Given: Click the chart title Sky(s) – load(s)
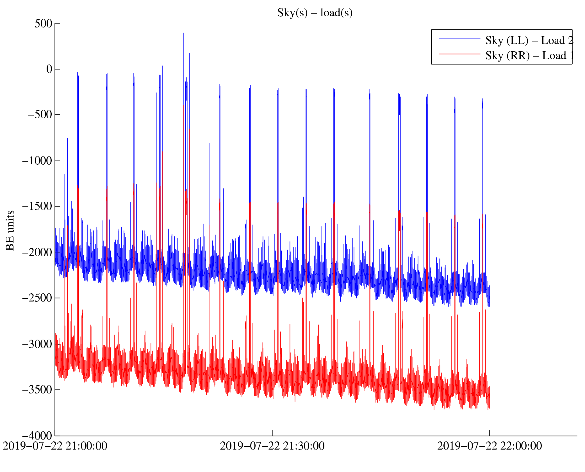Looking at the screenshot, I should [x=315, y=13].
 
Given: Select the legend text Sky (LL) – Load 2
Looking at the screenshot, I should [x=529, y=41].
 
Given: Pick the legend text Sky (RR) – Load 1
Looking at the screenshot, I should [x=529, y=56].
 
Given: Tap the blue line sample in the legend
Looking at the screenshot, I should [x=459, y=39].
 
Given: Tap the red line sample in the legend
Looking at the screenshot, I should [x=459, y=54].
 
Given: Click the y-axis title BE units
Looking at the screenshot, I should [x=10, y=231].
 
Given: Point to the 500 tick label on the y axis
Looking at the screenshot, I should [x=43, y=24].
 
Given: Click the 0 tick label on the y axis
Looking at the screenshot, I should [x=49, y=69].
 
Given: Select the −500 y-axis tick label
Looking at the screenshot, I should [x=40, y=115].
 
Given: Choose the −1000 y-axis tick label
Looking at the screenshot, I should [x=37, y=161].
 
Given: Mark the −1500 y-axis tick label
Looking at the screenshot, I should [x=37, y=206].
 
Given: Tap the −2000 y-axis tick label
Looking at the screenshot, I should [x=37, y=252].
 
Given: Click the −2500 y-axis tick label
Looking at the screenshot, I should [x=37, y=298].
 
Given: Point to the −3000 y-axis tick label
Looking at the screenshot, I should [x=37, y=344].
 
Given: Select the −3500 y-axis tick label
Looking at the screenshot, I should [x=37, y=390].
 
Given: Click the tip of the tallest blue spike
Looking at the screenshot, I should [x=184, y=33].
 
